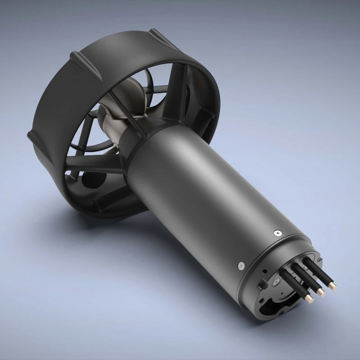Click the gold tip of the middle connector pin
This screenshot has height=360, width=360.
321,293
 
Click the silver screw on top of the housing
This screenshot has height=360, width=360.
277,233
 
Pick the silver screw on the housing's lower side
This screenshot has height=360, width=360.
240,266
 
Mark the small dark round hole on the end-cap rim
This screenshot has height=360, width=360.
265,271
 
